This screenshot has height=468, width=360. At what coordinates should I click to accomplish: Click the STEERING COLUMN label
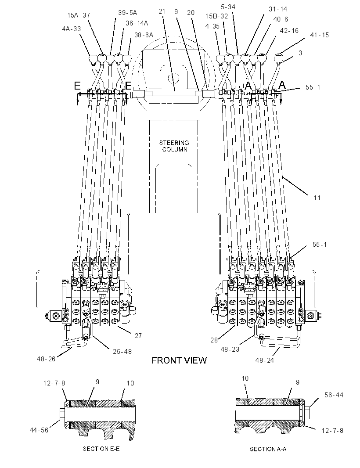point(174,146)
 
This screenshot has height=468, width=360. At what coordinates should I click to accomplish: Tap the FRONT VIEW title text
point(179,360)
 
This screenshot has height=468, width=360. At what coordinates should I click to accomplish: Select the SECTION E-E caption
point(101,449)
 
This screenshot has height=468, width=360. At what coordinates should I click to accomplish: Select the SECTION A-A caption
point(268,449)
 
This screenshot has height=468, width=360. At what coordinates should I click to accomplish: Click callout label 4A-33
point(72,29)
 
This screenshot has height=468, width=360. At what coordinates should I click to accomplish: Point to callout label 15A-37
point(79,15)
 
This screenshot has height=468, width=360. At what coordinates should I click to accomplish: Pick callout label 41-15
point(320,35)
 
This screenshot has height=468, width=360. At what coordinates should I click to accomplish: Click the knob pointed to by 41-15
point(279,58)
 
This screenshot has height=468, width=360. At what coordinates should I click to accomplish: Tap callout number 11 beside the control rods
point(317,198)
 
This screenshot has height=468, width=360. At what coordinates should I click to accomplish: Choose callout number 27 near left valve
point(138,336)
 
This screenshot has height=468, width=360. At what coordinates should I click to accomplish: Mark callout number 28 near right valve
point(214,340)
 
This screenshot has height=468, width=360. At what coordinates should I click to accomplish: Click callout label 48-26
point(46,359)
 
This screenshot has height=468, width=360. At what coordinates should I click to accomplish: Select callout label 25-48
point(122,352)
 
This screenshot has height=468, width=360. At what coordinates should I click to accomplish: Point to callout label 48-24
point(264,360)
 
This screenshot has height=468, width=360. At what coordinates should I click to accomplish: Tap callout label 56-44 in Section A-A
point(334,395)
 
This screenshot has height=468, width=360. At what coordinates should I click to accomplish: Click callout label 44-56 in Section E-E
point(39,430)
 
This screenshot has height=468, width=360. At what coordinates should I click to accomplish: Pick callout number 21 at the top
point(162,11)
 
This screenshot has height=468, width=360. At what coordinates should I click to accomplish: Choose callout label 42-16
point(289,30)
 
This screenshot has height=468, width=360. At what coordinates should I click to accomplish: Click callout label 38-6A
point(144,35)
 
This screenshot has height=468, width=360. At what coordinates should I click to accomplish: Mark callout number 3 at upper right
point(300,53)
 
